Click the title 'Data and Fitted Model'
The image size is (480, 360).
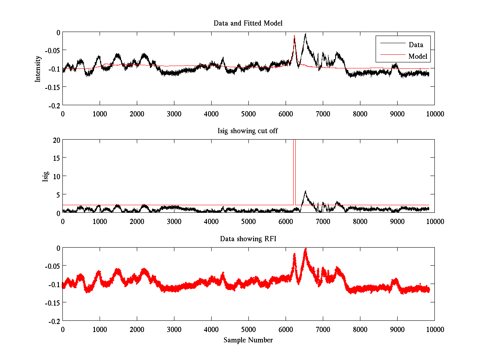248,23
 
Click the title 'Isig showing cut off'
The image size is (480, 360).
248,131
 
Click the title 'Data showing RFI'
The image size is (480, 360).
248,239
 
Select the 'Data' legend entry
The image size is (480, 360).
416,44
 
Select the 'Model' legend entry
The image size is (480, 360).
418,56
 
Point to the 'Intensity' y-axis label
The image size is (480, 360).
38,68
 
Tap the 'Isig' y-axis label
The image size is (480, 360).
45,176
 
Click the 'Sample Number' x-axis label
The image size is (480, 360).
248,340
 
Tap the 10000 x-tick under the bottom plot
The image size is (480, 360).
434,329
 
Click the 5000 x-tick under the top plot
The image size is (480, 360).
248,114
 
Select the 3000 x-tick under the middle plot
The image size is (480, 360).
174,221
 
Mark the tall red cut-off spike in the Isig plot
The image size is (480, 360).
294,168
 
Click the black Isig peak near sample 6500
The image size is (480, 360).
305,191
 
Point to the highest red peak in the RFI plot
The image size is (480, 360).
306,249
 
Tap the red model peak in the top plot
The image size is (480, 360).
294,36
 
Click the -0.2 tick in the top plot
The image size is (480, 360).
55,106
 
